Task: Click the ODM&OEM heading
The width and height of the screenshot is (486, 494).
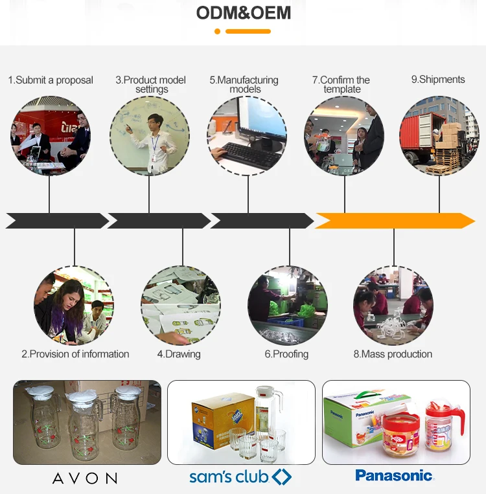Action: (244, 13)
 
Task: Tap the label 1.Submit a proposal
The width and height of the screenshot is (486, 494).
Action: (51, 80)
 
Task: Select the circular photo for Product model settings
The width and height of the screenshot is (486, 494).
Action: (150, 135)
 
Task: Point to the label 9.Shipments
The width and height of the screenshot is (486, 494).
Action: (438, 80)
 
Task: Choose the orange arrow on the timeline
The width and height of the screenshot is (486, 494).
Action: (394, 221)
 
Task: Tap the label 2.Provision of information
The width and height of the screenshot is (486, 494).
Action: (75, 354)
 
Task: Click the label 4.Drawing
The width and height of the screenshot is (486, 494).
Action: (179, 354)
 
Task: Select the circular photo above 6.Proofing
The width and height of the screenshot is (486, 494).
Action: (288, 305)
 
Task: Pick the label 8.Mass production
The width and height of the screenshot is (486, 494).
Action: (393, 354)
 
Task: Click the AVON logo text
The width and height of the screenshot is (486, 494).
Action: (85, 478)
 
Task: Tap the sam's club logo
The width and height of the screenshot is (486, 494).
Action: (240, 478)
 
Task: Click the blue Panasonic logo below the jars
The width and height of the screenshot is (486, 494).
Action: (394, 476)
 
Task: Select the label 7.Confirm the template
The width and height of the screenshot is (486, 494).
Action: (341, 85)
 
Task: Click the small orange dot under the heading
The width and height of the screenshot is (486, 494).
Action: (218, 31)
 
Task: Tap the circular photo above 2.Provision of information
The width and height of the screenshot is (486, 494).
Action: (74, 305)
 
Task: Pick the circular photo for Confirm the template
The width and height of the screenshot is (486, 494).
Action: (344, 135)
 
